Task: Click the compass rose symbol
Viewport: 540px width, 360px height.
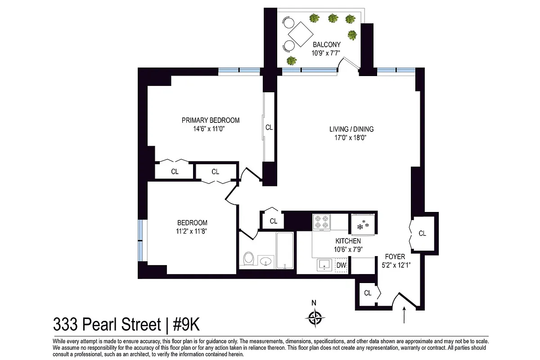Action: [316, 318]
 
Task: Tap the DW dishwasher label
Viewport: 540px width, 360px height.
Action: [342, 265]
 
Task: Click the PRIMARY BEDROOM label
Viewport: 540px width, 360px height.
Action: [211, 120]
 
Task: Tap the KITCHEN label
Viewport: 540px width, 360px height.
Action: [347, 241]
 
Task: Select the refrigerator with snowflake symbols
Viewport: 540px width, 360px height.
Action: [363, 224]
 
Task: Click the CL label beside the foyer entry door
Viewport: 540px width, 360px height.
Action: [368, 293]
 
